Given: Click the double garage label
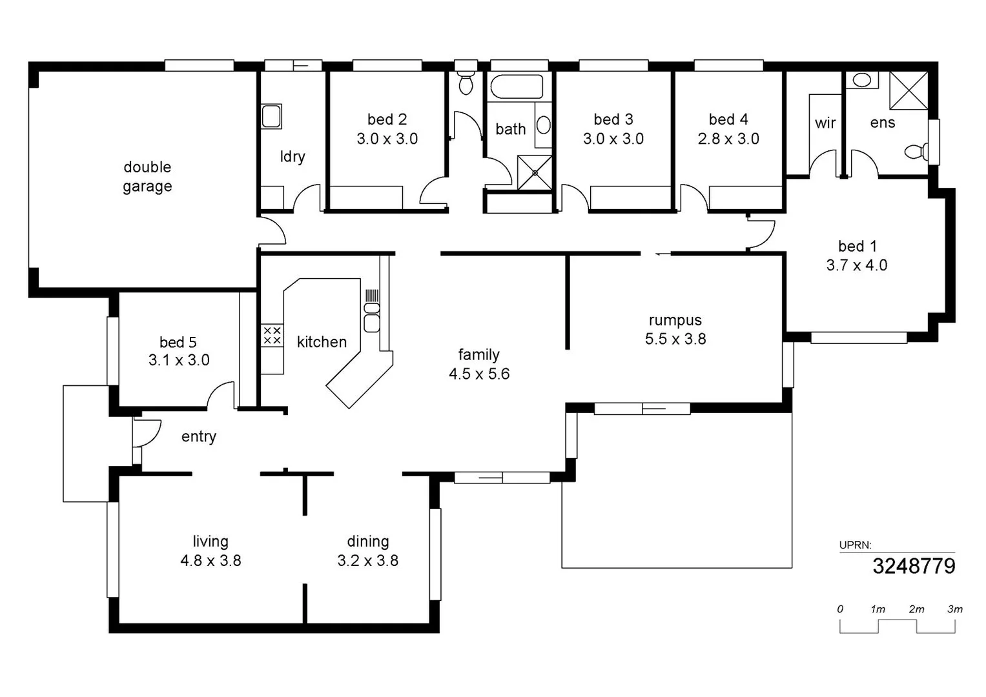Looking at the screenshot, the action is [x=147, y=176].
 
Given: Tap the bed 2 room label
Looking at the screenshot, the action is [x=387, y=119].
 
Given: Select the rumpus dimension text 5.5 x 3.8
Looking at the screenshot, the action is [x=675, y=339].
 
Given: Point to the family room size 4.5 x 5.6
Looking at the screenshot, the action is [x=479, y=374].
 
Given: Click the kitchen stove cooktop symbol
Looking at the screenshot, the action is [x=272, y=336].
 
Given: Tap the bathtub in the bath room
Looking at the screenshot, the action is [x=517, y=86].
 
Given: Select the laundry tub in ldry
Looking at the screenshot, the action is [x=271, y=117].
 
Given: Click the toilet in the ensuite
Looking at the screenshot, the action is [x=916, y=152].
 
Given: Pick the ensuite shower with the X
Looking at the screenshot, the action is [x=909, y=90].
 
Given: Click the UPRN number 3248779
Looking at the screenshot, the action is [x=914, y=566].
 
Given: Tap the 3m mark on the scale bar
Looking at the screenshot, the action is [x=955, y=609].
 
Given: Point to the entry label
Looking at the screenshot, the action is [x=198, y=436].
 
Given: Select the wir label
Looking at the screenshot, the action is [x=825, y=123].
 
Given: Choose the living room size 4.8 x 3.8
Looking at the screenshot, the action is [x=211, y=561].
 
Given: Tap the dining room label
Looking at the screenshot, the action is [x=368, y=541].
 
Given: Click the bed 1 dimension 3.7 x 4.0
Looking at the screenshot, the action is [x=857, y=265].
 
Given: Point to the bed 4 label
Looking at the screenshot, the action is [x=728, y=119].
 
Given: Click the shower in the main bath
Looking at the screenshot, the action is [x=535, y=173].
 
